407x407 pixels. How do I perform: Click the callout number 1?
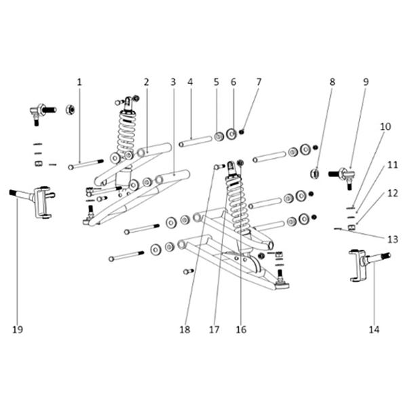(x=79, y=82)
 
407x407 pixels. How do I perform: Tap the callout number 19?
(x=18, y=330)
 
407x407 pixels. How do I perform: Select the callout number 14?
(x=374, y=330)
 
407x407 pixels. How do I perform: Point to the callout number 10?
(x=385, y=127)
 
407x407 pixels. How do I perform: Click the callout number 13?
(x=393, y=239)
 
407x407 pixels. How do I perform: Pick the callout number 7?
(x=259, y=82)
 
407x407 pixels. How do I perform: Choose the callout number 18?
(x=185, y=330)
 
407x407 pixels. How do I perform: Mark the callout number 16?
(x=241, y=330)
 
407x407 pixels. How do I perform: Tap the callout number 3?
(x=173, y=82)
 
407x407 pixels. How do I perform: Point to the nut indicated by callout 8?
(x=315, y=174)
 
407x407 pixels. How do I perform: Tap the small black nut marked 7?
(x=241, y=132)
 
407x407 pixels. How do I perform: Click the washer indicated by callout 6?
(x=231, y=134)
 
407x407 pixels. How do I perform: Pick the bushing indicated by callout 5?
(x=219, y=136)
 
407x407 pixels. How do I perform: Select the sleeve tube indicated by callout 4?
(x=195, y=141)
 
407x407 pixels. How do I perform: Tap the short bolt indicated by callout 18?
(x=220, y=167)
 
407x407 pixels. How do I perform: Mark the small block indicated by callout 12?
(x=351, y=228)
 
